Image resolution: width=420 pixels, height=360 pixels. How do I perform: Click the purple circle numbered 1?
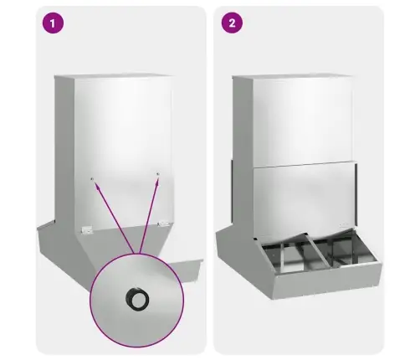coord(53,23)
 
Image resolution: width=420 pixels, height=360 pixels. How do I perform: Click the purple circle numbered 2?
coord(232,23)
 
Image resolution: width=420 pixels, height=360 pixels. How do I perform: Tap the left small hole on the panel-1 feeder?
coord(92,178)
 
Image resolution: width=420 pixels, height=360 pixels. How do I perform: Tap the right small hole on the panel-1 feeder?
coord(158,174)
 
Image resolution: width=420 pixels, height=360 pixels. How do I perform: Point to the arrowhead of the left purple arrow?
coord(96,185)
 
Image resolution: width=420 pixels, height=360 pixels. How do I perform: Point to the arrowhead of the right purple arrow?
coord(157,182)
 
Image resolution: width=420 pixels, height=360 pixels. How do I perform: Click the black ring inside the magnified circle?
coord(137,298)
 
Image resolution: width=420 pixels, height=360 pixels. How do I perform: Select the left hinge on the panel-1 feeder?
coord(87,230)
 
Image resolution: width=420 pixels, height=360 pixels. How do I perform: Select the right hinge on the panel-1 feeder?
coord(163,224)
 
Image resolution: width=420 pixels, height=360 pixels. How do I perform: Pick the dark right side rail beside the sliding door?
coord(356,195)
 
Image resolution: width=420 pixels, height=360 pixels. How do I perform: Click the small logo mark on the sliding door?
coord(344,224)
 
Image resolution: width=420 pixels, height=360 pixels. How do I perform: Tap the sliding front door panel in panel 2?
coord(304,199)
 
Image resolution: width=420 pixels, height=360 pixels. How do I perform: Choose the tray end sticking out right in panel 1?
coord(186,269)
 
